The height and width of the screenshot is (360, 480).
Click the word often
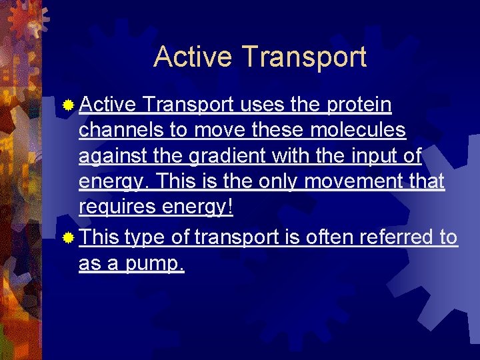tap(329, 237)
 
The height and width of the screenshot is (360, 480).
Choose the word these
tap(273, 130)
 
